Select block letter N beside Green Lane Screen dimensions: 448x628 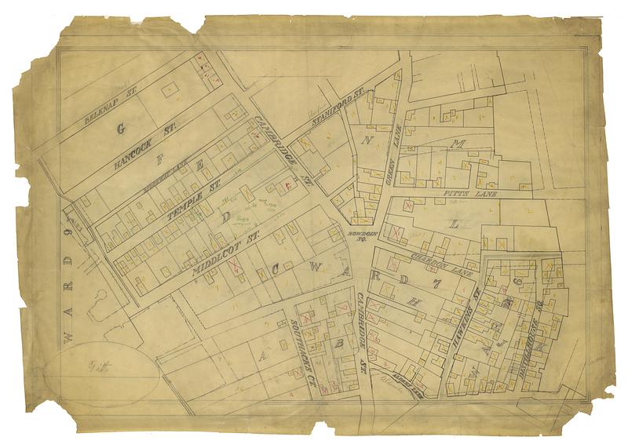tap(366, 140)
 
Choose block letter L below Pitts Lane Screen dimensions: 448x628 tap(453, 224)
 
